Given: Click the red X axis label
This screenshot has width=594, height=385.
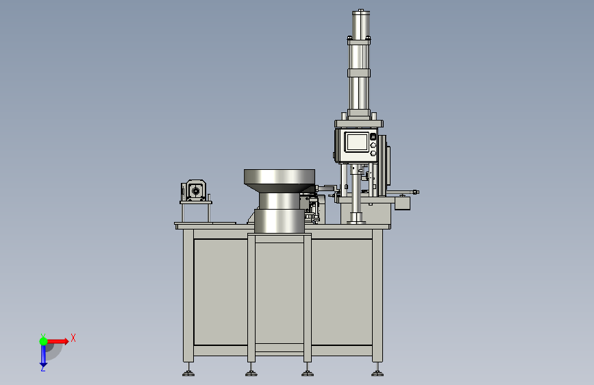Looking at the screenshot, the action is coord(73,338).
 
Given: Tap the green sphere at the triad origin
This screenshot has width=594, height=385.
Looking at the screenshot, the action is coord(44,341).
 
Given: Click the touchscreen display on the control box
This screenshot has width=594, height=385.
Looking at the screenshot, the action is coord(357,142).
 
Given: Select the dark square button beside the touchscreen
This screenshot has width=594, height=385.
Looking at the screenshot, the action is coord(373,136).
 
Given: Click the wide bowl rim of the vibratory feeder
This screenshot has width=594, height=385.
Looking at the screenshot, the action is coord(280,177).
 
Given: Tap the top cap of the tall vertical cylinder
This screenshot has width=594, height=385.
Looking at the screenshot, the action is coord(360,12).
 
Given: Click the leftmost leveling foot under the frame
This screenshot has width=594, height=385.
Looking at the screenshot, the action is coord(188,373).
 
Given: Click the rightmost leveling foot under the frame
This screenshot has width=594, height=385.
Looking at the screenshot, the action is coord(378,373).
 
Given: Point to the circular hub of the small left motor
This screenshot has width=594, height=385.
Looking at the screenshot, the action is coord(195,190).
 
